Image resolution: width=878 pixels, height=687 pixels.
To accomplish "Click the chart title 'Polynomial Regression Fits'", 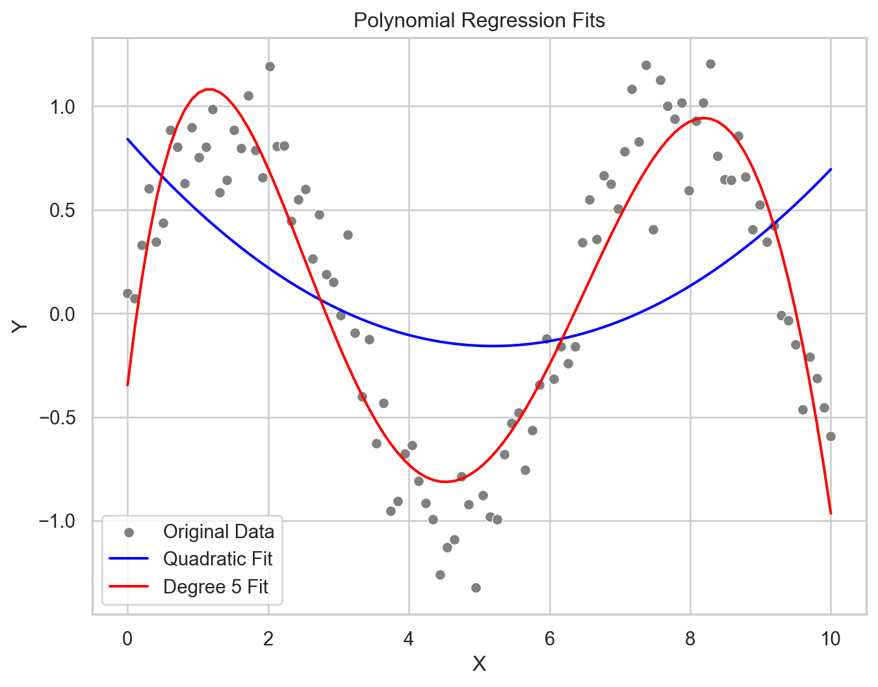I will [x=479, y=21].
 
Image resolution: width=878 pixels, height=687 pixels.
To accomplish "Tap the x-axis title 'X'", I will [x=479, y=664].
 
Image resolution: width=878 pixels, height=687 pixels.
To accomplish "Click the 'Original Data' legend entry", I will [x=218, y=532].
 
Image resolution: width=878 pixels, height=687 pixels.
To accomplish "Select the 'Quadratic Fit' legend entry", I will [x=218, y=559].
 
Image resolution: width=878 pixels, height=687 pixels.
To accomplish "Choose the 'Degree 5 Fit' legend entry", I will [x=216, y=587].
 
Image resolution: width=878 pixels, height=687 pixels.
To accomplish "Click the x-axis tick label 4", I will [x=409, y=639].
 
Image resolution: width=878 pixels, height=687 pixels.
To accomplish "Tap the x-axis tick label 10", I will [x=831, y=639].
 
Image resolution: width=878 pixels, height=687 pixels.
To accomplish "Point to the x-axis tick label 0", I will [x=127, y=639].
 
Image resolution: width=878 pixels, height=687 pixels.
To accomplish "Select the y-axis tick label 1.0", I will [x=64, y=107].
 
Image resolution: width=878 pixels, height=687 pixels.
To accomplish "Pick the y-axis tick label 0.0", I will [x=64, y=314].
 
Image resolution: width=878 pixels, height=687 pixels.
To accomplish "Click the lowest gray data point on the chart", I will [x=476, y=588].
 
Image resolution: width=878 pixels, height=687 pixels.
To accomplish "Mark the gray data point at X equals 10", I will [x=831, y=436].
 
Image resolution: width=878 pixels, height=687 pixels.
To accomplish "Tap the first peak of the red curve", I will [x=208, y=89].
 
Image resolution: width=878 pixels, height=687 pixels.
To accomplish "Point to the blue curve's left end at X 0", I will [x=128, y=139].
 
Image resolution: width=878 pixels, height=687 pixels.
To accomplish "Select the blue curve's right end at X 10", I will [x=831, y=170].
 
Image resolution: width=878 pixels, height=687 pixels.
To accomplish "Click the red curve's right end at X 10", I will [x=831, y=513].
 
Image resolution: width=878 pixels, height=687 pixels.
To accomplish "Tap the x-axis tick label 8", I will [x=690, y=639].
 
